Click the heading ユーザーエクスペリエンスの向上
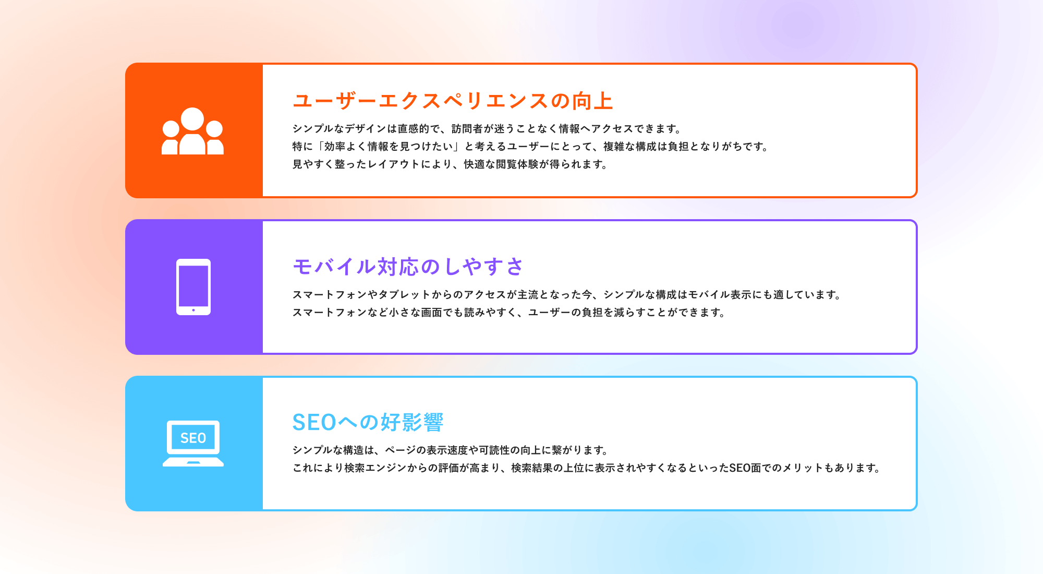453,101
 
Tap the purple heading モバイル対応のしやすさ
408,267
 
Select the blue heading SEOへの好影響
368,422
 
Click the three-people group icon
192,131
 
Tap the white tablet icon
193,287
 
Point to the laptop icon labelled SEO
193,444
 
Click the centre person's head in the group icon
192,119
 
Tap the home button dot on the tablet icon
193,310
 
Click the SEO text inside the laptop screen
193,438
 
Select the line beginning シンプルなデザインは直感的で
487,129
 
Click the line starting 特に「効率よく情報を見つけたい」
531,147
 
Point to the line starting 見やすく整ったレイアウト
450,164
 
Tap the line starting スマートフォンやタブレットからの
567,295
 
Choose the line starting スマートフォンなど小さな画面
509,313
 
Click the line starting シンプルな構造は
451,450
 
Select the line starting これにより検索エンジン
587,468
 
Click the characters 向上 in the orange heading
593,101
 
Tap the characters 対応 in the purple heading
398,267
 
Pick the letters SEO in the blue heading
314,422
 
